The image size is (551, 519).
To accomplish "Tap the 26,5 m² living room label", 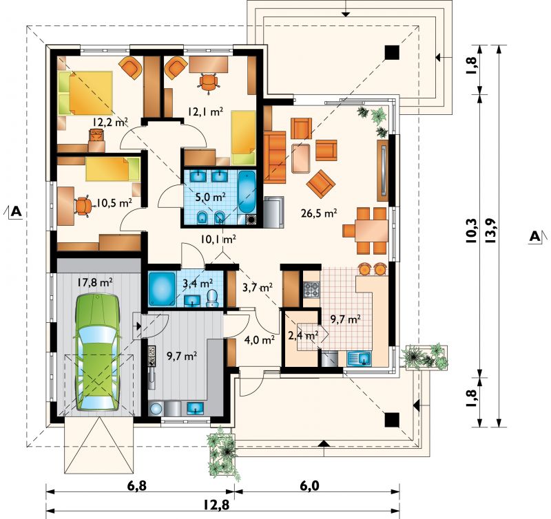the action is (x=319, y=213).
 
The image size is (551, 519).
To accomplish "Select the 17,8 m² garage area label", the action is (x=94, y=282).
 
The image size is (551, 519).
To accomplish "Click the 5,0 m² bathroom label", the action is (x=210, y=197).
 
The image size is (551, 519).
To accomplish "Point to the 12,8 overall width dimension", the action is (x=216, y=505).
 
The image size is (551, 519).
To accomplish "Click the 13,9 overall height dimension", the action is (x=490, y=231).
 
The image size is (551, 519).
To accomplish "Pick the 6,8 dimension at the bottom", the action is (x=136, y=487).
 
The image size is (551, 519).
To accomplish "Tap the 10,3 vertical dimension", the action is (x=472, y=231).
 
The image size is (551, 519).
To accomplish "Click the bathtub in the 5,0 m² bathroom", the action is (x=247, y=193).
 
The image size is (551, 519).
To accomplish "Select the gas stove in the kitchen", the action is (x=312, y=289).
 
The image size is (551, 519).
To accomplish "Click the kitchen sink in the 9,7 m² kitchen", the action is (x=360, y=359).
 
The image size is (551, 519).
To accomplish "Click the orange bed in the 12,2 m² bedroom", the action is (x=85, y=94).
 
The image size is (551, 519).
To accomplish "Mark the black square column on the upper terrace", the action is (x=392, y=53).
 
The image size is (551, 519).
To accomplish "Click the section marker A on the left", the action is (x=16, y=211).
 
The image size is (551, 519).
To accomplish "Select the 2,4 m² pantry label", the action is (x=304, y=335).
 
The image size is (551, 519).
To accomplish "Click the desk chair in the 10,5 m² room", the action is (x=84, y=206).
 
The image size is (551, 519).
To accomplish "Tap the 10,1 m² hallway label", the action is (x=218, y=240).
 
